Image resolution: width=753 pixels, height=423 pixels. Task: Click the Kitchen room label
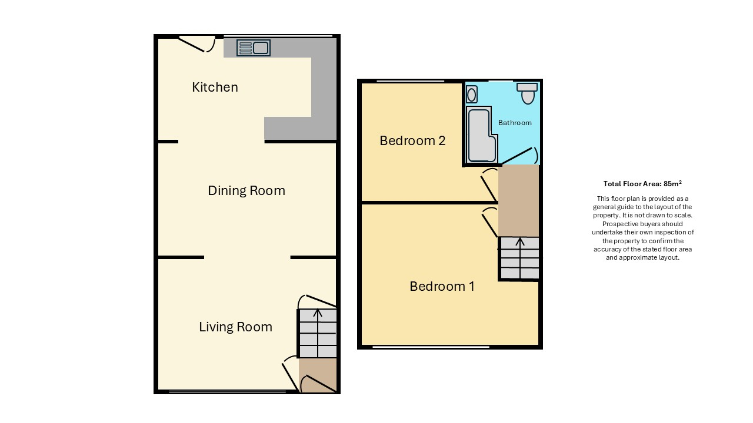click(x=215, y=88)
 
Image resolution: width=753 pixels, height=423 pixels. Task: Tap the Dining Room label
click(x=246, y=191)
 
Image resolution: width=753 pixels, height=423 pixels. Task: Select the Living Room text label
click(x=236, y=327)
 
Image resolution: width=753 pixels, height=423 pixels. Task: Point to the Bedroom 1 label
click(x=442, y=286)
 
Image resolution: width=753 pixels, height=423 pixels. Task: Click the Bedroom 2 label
click(x=412, y=140)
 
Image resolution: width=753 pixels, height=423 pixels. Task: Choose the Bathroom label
click(x=515, y=123)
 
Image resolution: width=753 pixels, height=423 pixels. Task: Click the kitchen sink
click(x=254, y=48)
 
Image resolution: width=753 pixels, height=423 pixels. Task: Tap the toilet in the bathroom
click(x=528, y=93)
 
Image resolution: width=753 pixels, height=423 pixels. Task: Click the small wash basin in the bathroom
click(x=472, y=95)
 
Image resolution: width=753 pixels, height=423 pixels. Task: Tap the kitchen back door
click(x=196, y=44)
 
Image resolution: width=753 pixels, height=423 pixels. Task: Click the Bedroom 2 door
click(x=489, y=185)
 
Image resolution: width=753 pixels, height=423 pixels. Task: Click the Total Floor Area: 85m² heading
click(x=642, y=184)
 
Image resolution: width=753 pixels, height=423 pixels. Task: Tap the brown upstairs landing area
click(x=519, y=201)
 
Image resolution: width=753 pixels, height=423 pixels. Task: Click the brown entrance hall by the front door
click(x=318, y=375)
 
